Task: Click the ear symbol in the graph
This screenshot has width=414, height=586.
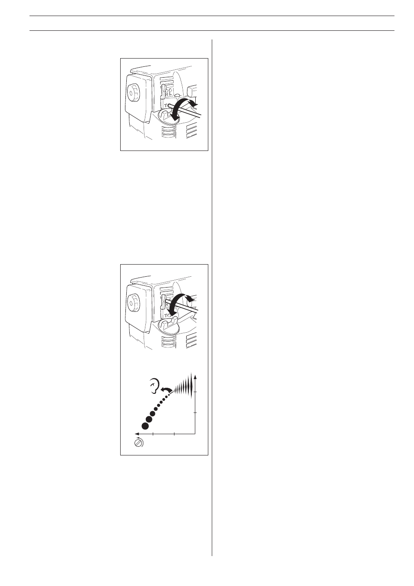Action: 153,386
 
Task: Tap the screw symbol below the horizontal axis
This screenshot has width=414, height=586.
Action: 139,443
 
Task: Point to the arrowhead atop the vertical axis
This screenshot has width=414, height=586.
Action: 196,375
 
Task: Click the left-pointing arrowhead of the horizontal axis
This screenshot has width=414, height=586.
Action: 136,433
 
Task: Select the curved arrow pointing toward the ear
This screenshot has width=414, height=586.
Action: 164,391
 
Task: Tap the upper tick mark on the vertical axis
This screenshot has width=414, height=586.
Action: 196,392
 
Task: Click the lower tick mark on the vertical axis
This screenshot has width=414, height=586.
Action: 196,413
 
